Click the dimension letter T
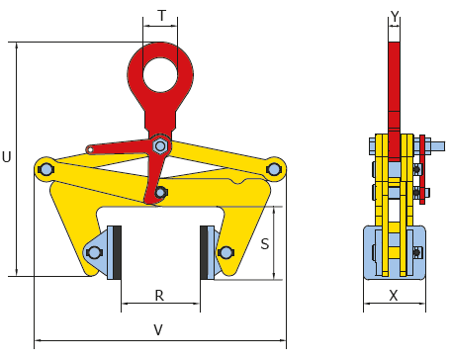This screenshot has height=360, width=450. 161,16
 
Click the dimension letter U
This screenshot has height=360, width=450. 7,157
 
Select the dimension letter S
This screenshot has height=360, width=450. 265,244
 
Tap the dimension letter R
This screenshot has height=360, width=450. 159,296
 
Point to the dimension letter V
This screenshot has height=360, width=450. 158,329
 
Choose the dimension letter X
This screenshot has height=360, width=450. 394,296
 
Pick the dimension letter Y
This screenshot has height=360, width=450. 395,16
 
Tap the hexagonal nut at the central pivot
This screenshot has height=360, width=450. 160,146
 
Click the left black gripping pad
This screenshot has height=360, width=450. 117,252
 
